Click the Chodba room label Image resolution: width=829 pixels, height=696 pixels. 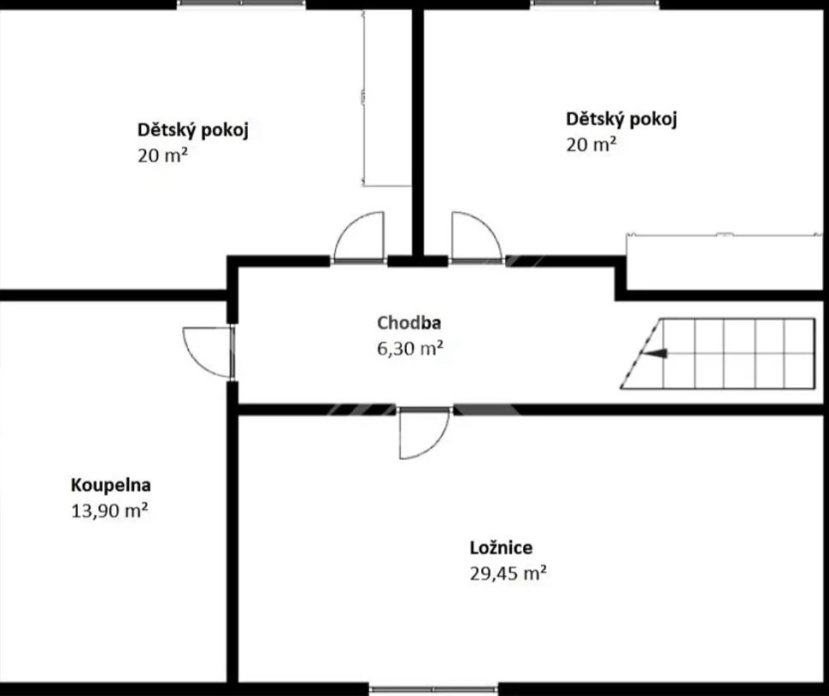409,322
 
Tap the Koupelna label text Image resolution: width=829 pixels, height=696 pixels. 111,485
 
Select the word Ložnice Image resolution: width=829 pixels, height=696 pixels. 501,547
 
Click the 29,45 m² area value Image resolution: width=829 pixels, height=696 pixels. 508,573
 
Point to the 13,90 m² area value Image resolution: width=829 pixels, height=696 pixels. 109,510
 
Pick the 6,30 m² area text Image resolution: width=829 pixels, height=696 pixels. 410,349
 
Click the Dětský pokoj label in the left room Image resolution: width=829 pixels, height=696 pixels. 193,130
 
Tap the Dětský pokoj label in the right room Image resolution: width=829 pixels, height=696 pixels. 621,119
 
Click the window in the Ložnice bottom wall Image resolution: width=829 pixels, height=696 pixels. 433,690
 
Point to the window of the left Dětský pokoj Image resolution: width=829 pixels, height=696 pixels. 242,3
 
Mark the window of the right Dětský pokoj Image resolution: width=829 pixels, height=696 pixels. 596,3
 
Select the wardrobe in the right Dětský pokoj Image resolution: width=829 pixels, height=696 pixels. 725,262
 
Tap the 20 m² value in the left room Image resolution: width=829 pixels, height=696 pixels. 163,156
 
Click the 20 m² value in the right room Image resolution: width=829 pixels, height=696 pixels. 591,145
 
